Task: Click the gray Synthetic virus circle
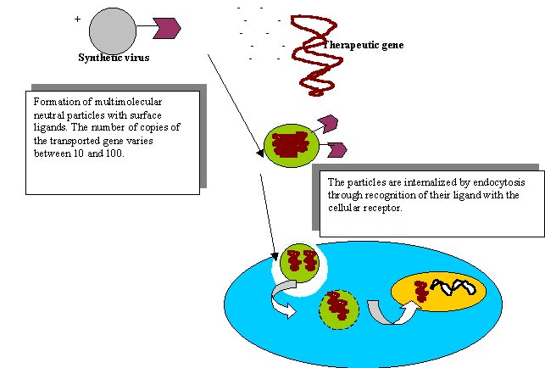click(x=112, y=31)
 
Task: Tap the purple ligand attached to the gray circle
click(x=167, y=28)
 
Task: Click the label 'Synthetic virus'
click(x=114, y=58)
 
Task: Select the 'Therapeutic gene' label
click(x=364, y=45)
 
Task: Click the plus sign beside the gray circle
click(x=77, y=18)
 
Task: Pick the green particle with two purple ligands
click(x=291, y=145)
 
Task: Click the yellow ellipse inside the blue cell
click(x=439, y=291)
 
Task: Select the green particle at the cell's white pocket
click(x=298, y=264)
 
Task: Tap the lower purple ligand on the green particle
click(x=336, y=149)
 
